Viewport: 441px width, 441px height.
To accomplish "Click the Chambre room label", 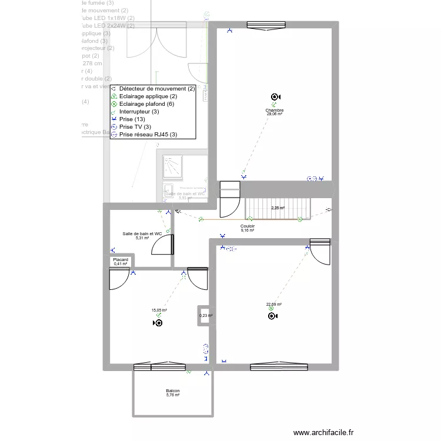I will pyautogui.click(x=275, y=110).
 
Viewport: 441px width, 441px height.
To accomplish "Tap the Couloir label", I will pyautogui.click(x=248, y=226).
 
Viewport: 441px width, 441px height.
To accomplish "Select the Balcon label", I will pyautogui.click(x=173, y=390).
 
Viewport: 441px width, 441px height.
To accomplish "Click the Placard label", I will pyautogui.click(x=121, y=259).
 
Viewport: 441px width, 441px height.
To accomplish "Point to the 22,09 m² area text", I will pyautogui.click(x=274, y=305).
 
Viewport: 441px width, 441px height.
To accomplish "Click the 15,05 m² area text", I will pyautogui.click(x=159, y=310).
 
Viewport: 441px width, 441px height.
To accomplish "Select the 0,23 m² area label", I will pyautogui.click(x=206, y=316).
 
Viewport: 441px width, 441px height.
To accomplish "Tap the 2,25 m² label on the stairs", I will pyautogui.click(x=278, y=208).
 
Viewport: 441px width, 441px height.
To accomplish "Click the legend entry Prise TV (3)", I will pyautogui.click(x=135, y=127).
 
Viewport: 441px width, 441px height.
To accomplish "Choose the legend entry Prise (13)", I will pyautogui.click(x=132, y=119).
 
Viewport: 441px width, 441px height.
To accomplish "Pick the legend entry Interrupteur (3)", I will pyautogui.click(x=139, y=112).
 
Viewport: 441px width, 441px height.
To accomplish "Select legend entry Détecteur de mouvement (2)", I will pyautogui.click(x=156, y=89).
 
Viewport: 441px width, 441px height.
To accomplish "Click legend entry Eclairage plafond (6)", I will pyautogui.click(x=146, y=104).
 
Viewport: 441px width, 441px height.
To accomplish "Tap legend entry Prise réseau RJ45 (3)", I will pyautogui.click(x=148, y=135).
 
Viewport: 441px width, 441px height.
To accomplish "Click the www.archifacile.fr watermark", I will pyautogui.click(x=324, y=433).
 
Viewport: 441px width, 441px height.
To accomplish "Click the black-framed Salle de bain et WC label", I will pyautogui.click(x=142, y=234).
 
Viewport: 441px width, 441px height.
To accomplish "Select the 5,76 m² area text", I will pyautogui.click(x=173, y=395).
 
